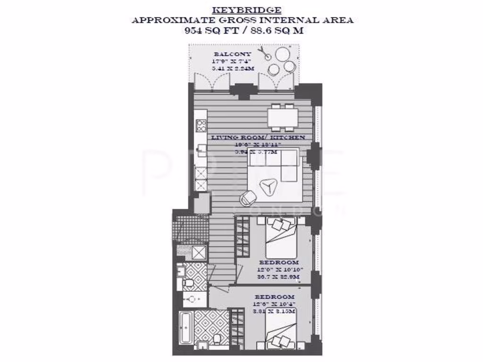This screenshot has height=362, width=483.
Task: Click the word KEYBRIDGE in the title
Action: coord(247,10)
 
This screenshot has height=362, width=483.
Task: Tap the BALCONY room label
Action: coord(232,54)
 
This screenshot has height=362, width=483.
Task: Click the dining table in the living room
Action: coord(283,117)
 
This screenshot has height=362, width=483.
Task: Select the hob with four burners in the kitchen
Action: coord(201,125)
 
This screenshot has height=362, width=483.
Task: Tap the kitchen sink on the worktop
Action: coord(201,148)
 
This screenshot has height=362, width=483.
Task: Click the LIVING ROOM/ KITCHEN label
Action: coord(258,137)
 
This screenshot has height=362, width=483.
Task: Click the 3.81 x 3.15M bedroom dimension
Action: coord(275,311)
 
